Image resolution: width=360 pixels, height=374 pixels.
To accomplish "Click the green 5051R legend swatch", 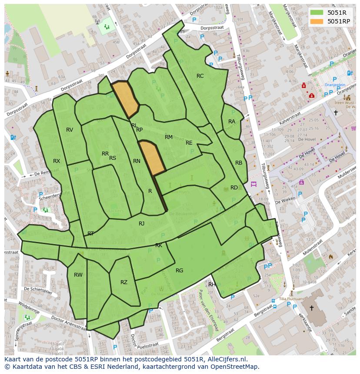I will [317, 12].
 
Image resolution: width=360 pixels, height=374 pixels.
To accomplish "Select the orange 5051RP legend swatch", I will [317, 21].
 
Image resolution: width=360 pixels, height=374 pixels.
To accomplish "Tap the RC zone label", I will [200, 76].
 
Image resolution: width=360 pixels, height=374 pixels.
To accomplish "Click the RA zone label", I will [232, 122].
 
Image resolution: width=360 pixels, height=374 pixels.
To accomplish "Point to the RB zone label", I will [239, 163].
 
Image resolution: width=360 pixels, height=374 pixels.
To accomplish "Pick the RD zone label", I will [234, 188].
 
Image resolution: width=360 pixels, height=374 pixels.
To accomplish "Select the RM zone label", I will [169, 137].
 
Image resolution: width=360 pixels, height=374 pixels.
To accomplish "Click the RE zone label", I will [189, 143].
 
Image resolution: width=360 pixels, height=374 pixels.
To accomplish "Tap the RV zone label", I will [70, 130].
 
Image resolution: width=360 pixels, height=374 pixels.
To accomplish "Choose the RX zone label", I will [57, 161].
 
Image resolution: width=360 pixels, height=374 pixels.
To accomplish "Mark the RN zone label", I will [137, 161].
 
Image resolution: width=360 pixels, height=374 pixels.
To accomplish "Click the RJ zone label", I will [142, 224].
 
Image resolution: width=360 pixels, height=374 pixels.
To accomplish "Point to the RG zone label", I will [179, 271].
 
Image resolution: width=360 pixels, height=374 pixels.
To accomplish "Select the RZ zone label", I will [124, 282].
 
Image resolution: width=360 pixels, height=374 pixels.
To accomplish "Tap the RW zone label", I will [78, 275].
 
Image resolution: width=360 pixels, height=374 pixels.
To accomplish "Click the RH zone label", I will [212, 285].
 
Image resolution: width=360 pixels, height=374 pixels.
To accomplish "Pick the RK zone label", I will [159, 246].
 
